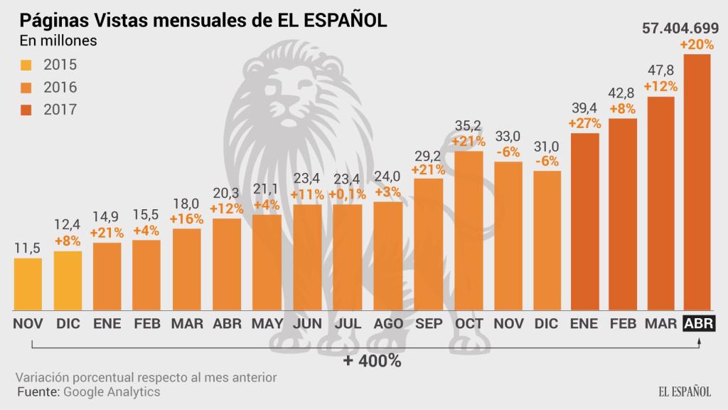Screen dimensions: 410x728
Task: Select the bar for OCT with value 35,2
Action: click(468, 231)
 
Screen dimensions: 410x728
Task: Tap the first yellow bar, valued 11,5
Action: click(28, 284)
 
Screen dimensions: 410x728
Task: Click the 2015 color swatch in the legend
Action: click(26, 65)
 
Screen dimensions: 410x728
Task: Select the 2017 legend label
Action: click(60, 110)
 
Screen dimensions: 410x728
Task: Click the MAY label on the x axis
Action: click(267, 323)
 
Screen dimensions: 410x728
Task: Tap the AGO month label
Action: click(387, 323)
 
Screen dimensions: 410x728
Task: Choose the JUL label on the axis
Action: click(348, 323)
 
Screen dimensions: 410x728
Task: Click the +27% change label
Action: click(584, 122)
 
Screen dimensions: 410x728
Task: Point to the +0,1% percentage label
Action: click(348, 194)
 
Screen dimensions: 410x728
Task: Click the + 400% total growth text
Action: click(372, 360)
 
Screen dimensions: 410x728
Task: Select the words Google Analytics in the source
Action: click(112, 391)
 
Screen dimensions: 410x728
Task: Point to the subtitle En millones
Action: click(58, 41)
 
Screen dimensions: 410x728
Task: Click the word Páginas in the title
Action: click(50, 19)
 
